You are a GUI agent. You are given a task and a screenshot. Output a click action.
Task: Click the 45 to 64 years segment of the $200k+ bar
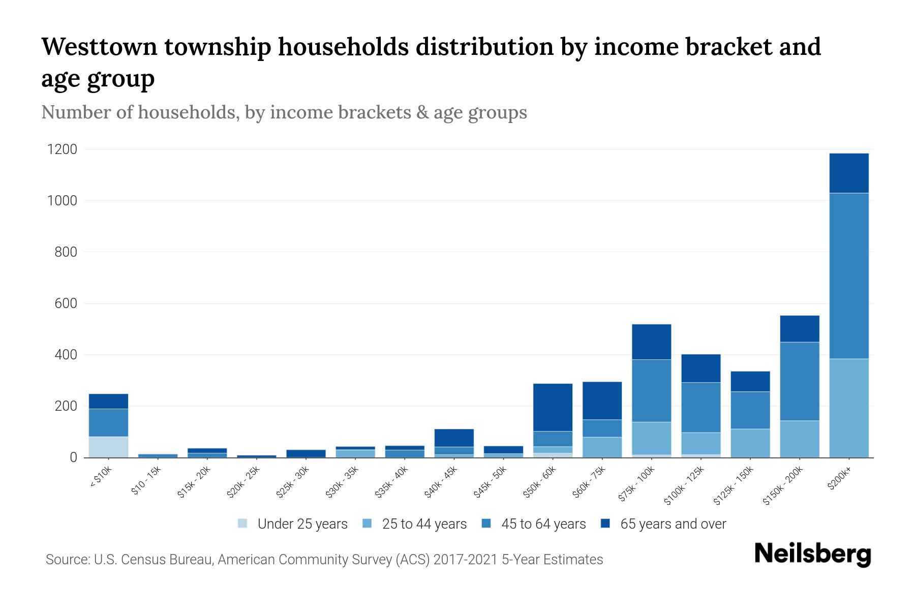coord(848,276)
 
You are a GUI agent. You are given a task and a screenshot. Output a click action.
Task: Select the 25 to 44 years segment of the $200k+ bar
coord(848,408)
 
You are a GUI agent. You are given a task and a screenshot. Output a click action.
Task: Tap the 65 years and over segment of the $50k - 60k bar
coord(553,407)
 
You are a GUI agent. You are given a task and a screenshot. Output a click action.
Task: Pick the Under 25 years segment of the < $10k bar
coord(108,447)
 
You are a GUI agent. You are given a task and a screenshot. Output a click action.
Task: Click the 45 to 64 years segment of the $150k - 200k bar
coord(799,381)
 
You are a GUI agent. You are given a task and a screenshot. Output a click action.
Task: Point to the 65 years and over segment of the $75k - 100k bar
coord(651,342)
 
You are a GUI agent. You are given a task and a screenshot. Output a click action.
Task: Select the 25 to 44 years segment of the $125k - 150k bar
coord(750,443)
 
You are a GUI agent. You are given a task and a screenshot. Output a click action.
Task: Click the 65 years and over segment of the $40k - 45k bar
coord(454,438)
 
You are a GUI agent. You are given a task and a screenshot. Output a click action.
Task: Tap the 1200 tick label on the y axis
coord(62,149)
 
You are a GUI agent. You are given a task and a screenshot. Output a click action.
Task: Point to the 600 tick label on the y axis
coord(66,303)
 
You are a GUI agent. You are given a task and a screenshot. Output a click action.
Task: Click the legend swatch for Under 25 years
coord(242,524)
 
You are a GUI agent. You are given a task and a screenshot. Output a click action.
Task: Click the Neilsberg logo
coord(812,554)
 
